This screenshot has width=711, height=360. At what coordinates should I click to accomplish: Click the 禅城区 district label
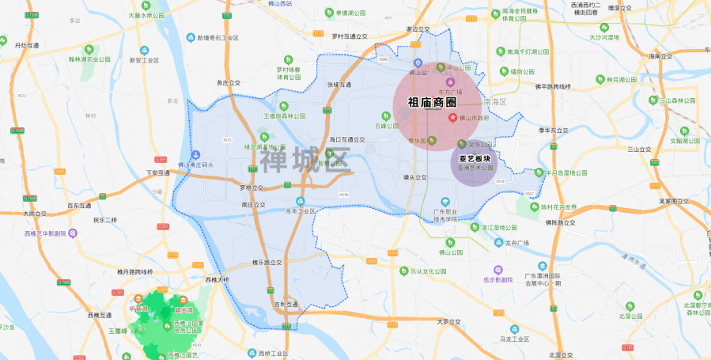(305, 160)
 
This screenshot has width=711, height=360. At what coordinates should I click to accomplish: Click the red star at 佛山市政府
(453, 118)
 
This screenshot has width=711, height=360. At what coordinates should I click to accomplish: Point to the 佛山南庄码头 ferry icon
(196, 155)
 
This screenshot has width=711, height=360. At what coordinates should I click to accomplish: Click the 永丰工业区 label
(300, 211)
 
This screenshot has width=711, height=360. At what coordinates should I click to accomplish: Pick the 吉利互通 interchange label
(286, 303)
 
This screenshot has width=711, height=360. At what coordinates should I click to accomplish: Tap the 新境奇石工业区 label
(217, 37)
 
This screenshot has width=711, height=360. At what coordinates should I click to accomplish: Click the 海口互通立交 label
(347, 139)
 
